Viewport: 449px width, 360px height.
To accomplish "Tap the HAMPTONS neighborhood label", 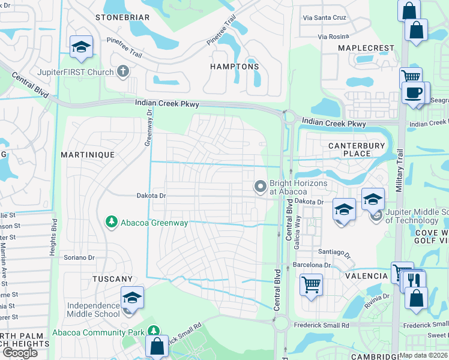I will (x=235, y=67).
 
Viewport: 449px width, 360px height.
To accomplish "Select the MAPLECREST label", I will (x=366, y=48).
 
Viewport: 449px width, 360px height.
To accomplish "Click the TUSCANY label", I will (x=112, y=279).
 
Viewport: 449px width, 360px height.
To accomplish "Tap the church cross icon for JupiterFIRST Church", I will (x=124, y=73).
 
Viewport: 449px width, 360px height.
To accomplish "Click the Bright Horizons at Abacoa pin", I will (x=261, y=187).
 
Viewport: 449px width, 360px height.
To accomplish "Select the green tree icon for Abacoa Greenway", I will (x=111, y=223).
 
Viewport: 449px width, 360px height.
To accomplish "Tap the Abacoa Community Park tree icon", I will (x=154, y=332).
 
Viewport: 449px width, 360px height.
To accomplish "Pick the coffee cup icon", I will (x=414, y=94).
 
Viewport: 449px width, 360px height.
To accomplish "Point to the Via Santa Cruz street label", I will (x=324, y=17).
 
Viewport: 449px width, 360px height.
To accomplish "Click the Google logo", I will (x=20, y=353).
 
